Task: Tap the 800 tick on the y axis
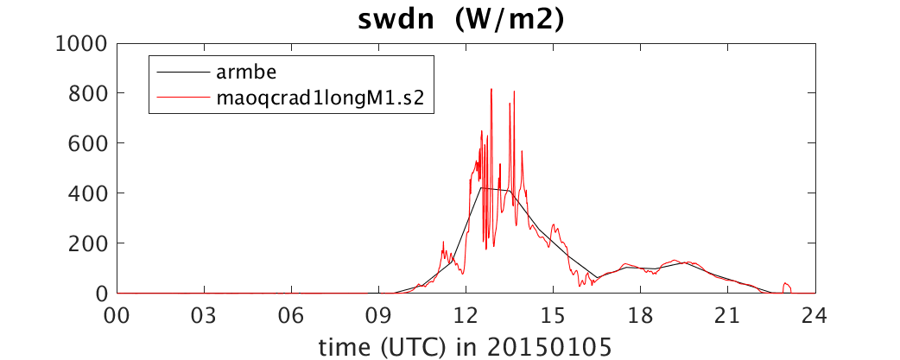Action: [x=88, y=93]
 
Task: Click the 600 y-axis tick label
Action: [x=88, y=142]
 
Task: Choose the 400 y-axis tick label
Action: [x=88, y=193]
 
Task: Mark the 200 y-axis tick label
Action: [x=88, y=243]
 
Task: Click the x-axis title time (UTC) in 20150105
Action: [x=465, y=345]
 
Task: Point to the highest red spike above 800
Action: [x=491, y=90]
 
